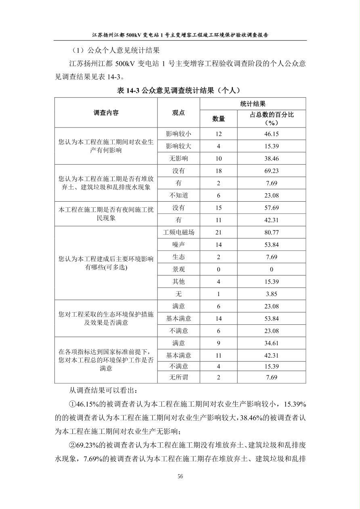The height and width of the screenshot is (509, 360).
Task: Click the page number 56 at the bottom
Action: [180, 476]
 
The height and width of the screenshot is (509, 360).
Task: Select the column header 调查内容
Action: [106, 113]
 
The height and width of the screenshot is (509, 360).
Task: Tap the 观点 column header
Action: [178, 113]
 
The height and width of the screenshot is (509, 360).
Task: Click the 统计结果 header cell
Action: [253, 104]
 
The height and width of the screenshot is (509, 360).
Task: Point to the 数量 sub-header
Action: [218, 119]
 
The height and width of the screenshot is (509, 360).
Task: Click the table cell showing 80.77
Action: [271, 232]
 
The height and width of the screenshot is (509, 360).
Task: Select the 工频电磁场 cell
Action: [178, 232]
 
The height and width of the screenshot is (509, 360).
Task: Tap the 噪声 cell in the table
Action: [178, 244]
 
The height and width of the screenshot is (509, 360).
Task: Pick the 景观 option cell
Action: [178, 269]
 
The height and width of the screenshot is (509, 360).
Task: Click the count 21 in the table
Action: [218, 232]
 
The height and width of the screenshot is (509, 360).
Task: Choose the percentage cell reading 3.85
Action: [271, 294]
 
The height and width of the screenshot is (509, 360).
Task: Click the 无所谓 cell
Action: [178, 378]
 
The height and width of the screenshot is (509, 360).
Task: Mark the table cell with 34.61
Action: [271, 343]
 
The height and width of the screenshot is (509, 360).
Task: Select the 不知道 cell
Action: [178, 196]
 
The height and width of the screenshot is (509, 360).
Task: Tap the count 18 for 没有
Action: [218, 171]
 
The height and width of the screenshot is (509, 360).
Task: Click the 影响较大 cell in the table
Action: [178, 146]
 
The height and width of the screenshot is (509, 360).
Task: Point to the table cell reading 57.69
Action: [271, 208]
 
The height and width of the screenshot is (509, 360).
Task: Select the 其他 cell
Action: [178, 282]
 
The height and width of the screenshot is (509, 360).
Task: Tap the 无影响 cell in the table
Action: [178, 159]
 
